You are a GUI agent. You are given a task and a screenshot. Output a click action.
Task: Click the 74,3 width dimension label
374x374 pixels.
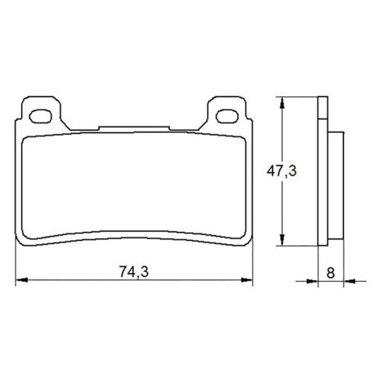pyautogui.click(x=134, y=272)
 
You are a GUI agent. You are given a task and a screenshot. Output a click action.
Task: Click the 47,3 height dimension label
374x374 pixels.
pyautogui.click(x=282, y=171)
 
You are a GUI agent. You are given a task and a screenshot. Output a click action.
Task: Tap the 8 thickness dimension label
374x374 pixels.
pyautogui.click(x=331, y=273)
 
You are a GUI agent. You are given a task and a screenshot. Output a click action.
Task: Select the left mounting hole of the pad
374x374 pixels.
pyautogui.click(x=40, y=116)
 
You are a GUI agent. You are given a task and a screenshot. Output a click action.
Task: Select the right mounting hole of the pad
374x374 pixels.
pyautogui.click(x=227, y=116)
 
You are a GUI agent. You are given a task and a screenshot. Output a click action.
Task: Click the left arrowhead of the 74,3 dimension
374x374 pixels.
pyautogui.click(x=22, y=279)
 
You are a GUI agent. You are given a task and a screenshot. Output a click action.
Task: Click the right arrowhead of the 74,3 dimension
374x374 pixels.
pyautogui.click(x=247, y=279)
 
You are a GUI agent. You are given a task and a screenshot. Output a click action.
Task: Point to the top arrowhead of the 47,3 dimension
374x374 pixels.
pyautogui.click(x=283, y=103)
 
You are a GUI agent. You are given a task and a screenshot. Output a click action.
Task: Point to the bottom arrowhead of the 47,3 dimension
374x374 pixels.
pyautogui.click(x=283, y=240)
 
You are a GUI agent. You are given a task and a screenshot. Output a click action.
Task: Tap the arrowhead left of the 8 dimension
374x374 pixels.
pyautogui.click(x=312, y=281)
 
